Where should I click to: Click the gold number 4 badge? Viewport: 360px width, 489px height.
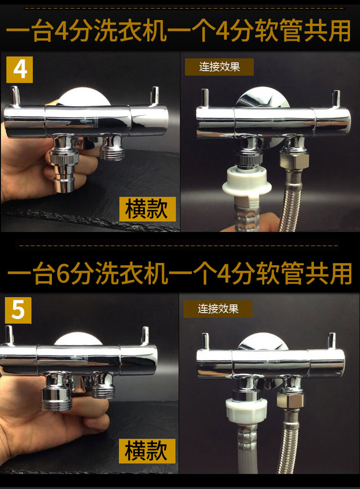[19, 70]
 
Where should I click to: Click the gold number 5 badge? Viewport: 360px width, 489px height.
[18, 310]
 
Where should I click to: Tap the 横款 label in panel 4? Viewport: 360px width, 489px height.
[147, 209]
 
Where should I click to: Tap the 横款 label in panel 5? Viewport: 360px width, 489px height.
[147, 451]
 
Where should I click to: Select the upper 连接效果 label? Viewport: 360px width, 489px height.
[219, 67]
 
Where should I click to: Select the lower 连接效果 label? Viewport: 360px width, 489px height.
[218, 309]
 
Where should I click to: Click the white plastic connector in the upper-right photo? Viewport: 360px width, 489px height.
[247, 182]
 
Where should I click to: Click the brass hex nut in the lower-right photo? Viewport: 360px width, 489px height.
[290, 401]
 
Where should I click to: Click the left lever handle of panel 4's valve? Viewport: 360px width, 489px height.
[15, 96]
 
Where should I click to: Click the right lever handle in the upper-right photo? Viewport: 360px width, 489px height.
[336, 100]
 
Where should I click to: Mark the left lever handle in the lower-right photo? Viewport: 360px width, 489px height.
[205, 342]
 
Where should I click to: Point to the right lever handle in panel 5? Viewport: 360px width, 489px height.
[145, 336]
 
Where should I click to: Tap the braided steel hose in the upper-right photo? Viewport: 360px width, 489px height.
[290, 203]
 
